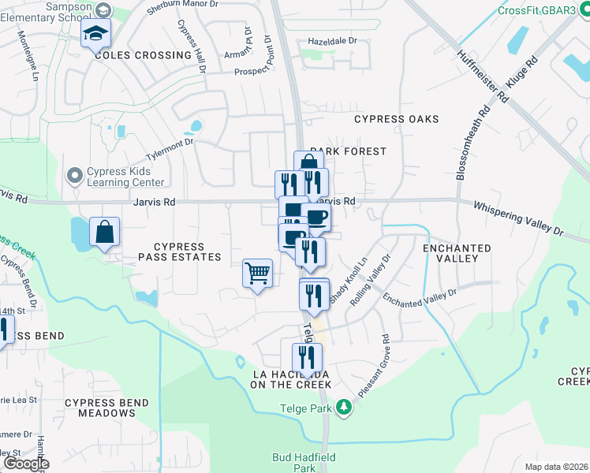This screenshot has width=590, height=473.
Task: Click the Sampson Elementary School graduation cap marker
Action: point(96,33)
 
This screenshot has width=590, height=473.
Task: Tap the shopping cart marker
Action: point(258,274)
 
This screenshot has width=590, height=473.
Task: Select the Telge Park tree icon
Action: point(343,408)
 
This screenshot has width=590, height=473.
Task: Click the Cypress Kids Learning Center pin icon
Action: point(76,174)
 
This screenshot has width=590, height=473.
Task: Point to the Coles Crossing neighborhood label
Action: point(143,55)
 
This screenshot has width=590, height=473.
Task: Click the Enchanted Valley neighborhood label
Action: point(457,253)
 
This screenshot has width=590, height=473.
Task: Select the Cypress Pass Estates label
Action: point(180,252)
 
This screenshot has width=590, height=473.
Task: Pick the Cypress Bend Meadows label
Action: point(101,408)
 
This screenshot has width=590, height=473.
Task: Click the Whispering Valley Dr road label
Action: point(519,218)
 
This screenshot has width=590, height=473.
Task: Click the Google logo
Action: point(26,464)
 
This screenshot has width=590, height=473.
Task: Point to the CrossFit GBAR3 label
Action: point(543,11)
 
